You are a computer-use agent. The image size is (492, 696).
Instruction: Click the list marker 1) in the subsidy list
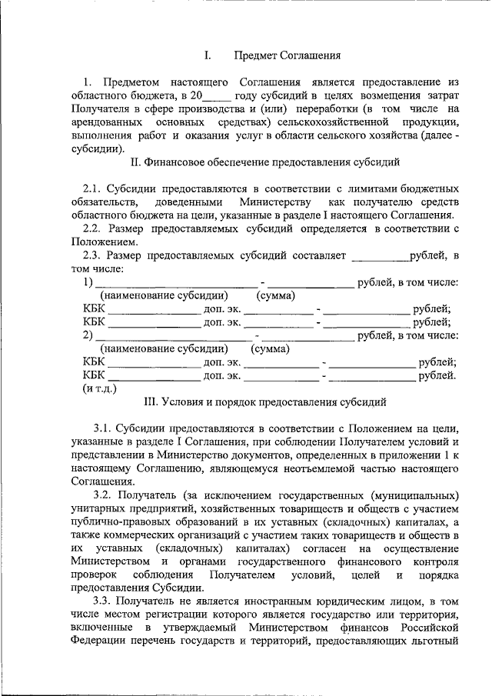pos(88,282)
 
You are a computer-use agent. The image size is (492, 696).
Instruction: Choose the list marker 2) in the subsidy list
pos(88,335)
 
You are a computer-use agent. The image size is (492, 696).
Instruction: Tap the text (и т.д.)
pos(100,388)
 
